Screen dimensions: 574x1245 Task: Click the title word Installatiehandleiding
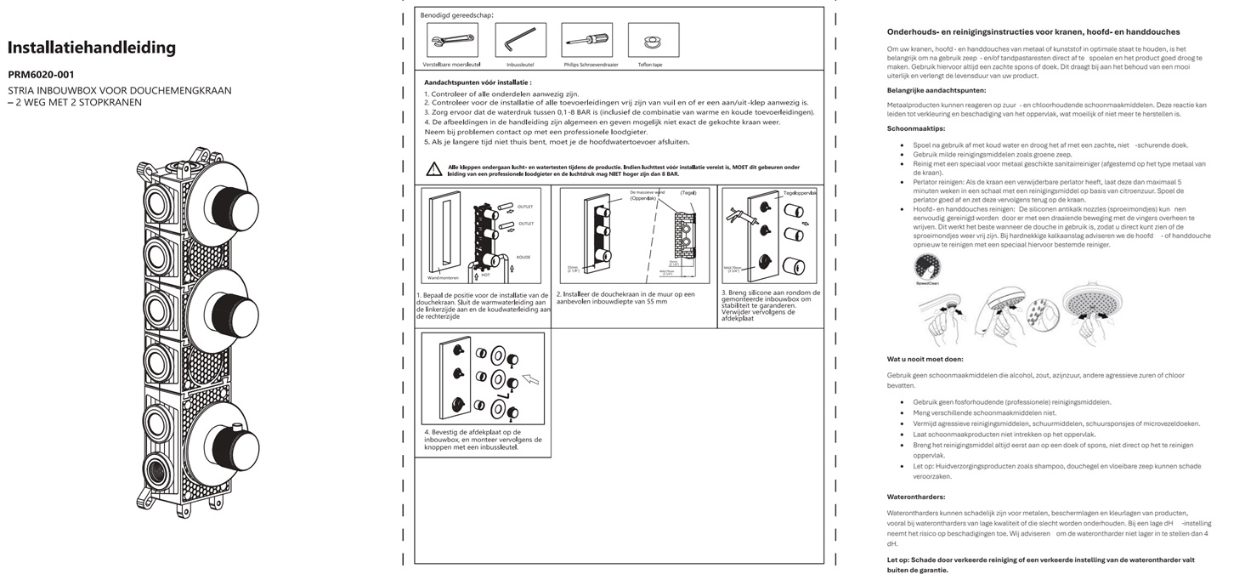pos(92,48)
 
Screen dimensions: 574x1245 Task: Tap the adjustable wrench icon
pos(451,39)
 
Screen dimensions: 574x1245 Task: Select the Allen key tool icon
pos(520,39)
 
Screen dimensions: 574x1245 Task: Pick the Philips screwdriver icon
pos(586,39)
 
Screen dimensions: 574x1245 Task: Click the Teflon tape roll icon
pos(653,39)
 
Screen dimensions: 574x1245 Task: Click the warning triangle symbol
pos(434,170)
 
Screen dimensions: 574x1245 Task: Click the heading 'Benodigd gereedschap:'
pos(456,15)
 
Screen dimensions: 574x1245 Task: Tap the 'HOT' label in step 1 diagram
pos(485,275)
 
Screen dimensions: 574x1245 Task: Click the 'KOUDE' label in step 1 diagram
pos(523,256)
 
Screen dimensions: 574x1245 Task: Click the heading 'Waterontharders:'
pos(916,497)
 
